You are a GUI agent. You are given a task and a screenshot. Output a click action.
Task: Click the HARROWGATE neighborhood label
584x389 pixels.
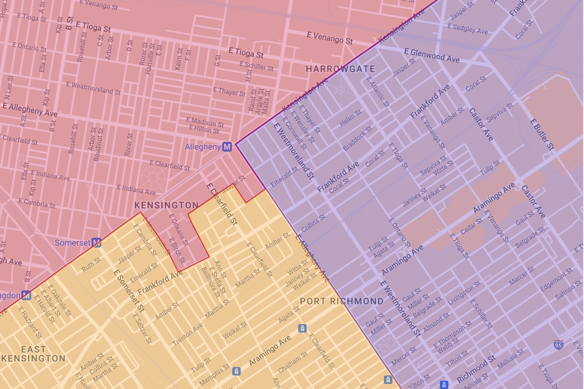[x=340, y=69]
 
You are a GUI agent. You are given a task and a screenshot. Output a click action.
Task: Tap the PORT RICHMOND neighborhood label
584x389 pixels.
[x=342, y=301]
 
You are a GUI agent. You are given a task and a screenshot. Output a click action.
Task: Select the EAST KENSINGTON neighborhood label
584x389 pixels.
[x=34, y=354]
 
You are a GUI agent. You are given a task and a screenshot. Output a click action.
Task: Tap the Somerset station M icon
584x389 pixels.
[x=97, y=243]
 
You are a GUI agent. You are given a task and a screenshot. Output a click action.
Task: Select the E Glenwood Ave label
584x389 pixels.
[x=432, y=55]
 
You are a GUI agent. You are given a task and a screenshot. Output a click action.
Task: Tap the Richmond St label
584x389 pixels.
[x=476, y=369]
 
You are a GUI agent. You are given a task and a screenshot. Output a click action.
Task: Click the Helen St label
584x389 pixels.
[x=350, y=118]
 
